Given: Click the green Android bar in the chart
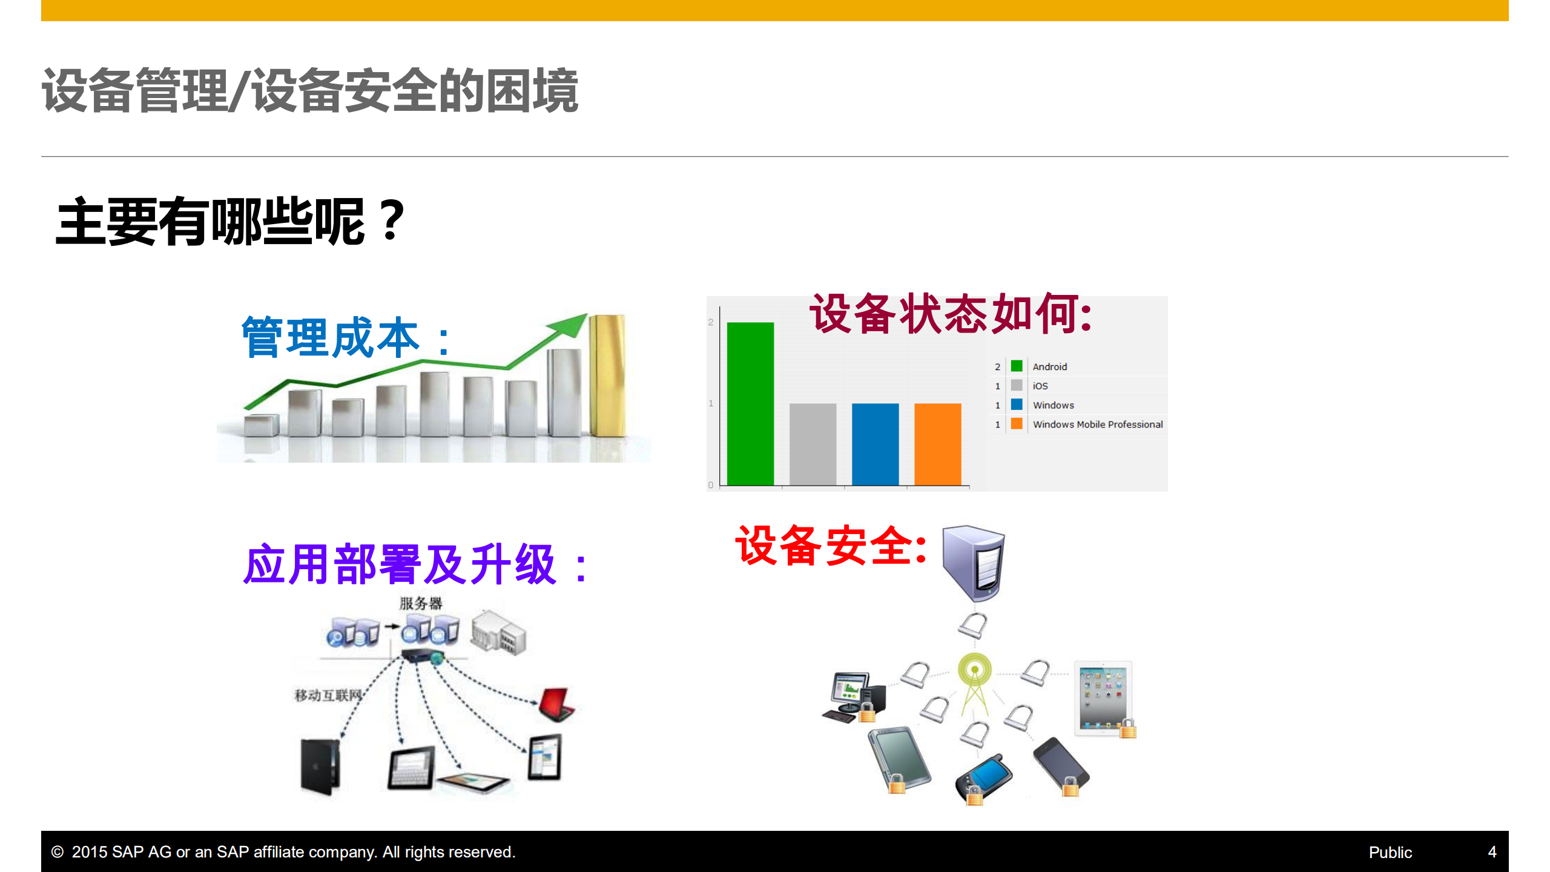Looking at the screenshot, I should [x=750, y=403].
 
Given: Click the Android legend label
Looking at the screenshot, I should [x=1049, y=367].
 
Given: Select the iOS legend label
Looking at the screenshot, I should [x=1040, y=386].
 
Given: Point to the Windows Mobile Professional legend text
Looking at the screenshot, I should [x=1097, y=424].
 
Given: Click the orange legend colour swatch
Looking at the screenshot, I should [x=1017, y=424].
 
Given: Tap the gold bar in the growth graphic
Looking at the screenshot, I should [x=607, y=375].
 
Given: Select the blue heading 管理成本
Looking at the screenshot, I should [x=331, y=338].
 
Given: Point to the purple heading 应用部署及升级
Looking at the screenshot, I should [x=400, y=564].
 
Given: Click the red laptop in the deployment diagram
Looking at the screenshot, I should [x=556, y=704].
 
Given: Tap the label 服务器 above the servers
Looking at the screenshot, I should [x=421, y=603].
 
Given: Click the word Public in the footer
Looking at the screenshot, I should [x=1390, y=853].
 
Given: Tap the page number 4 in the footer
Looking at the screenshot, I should [x=1492, y=853].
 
